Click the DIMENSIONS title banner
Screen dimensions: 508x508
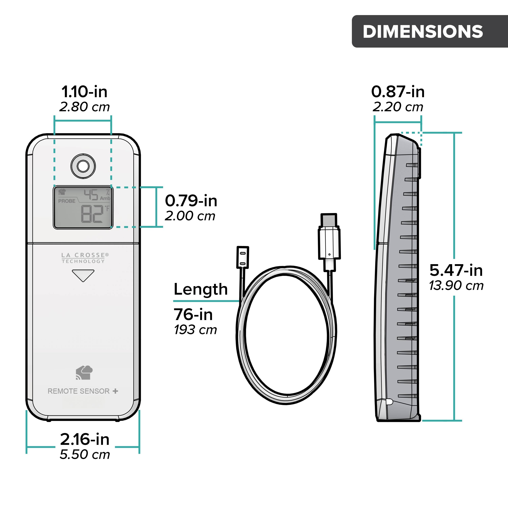(x=429, y=31)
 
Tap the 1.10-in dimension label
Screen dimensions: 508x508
(x=84, y=92)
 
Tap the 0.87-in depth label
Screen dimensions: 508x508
(x=398, y=92)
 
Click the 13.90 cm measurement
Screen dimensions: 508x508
(x=456, y=285)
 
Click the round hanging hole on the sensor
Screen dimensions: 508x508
(x=83, y=166)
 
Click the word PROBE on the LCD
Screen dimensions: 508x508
(x=67, y=201)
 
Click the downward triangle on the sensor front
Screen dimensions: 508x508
(x=83, y=275)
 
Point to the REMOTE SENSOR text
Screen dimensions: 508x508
(x=79, y=391)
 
